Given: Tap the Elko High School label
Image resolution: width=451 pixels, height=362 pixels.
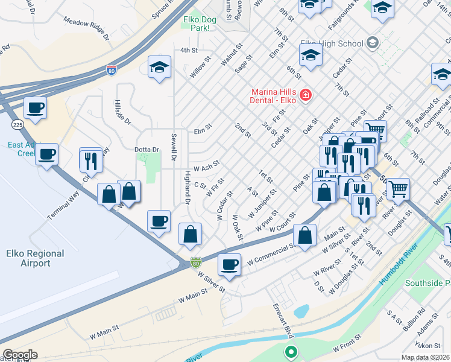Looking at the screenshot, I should point(332,43).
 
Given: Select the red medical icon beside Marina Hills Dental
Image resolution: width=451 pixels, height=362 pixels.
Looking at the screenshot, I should point(306,95).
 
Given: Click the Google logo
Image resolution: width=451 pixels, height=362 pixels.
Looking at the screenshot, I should point(20,355).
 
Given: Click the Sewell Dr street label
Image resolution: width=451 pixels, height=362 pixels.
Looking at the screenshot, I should point(174,147).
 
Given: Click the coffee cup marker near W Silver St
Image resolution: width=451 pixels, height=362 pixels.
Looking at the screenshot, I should point(229,264).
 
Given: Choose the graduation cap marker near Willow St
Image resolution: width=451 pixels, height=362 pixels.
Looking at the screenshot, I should point(159,67).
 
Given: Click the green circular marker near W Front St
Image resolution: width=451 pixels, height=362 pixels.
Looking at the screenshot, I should point(291,351).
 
